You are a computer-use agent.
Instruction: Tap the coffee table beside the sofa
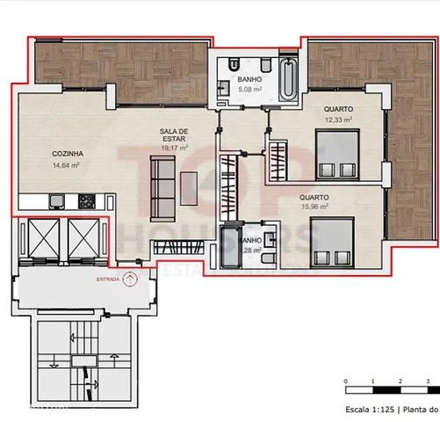point(190,186)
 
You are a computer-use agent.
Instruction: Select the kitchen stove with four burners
point(87,201)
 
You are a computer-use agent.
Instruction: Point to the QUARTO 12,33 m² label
point(338,114)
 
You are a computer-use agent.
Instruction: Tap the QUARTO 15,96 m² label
point(314,203)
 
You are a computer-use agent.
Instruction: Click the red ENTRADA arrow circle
point(131,280)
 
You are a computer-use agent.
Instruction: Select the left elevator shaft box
point(42,237)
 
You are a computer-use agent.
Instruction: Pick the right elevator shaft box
point(86,237)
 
